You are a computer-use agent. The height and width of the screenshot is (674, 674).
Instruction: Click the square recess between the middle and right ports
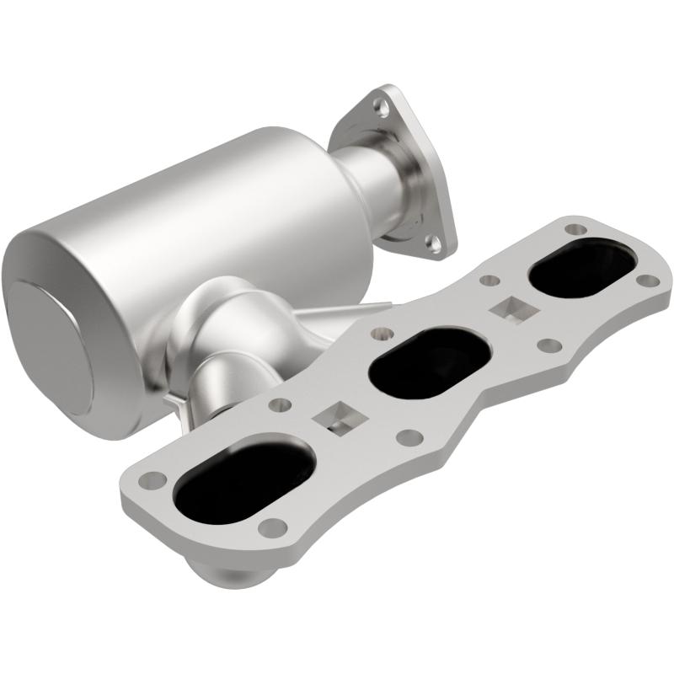(x=511, y=308)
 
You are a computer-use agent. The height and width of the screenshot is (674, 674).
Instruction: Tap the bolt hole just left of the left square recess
(x=275, y=406)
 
